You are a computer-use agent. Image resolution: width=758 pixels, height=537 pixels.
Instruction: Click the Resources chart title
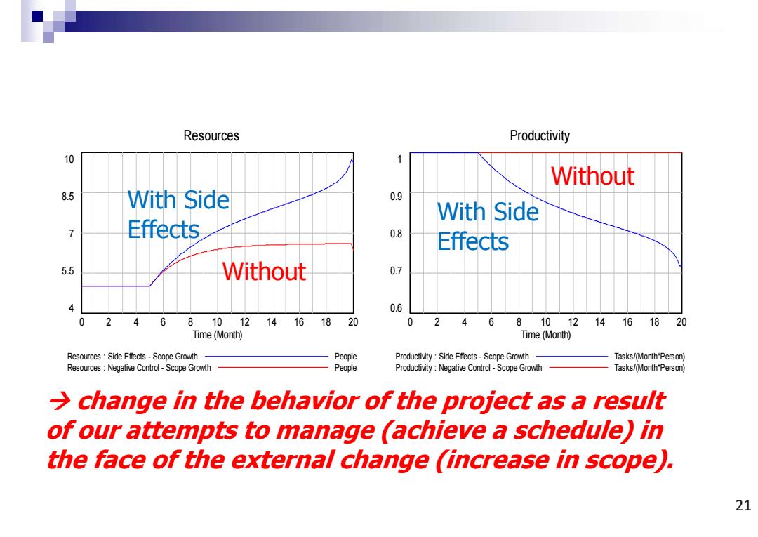click(211, 135)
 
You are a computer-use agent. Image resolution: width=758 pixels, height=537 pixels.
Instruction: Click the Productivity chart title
click(540, 135)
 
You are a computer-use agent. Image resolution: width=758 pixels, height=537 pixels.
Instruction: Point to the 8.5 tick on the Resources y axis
click(67, 197)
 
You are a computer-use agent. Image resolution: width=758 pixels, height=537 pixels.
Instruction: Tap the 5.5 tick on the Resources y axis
click(67, 271)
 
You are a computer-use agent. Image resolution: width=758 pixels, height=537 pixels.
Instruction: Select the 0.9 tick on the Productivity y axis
click(396, 197)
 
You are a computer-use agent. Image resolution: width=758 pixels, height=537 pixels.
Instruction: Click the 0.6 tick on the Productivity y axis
click(396, 308)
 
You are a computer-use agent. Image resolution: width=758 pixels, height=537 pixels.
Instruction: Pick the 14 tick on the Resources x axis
click(272, 322)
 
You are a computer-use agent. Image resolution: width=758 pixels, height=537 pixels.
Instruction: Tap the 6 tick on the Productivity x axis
click(491, 322)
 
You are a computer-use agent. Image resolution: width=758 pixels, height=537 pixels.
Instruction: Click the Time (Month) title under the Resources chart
click(217, 334)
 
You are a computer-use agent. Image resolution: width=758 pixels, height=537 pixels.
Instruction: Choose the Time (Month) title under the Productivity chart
click(545, 334)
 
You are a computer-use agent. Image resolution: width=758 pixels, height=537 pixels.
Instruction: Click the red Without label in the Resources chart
click(264, 271)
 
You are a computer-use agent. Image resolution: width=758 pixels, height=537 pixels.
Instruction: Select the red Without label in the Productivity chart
click(592, 175)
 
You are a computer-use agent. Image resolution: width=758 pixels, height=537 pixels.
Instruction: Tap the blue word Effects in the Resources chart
click(164, 229)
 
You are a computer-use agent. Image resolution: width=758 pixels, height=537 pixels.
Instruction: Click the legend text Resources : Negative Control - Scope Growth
click(139, 368)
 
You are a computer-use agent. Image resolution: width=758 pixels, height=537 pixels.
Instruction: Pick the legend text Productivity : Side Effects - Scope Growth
click(462, 357)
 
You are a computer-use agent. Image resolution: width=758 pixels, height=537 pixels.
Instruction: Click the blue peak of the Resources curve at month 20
click(352, 160)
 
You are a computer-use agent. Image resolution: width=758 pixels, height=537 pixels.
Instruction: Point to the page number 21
click(743, 505)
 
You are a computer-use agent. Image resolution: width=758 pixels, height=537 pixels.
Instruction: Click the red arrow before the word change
click(59, 402)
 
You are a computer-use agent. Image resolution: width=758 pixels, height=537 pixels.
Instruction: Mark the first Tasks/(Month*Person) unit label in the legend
click(649, 357)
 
